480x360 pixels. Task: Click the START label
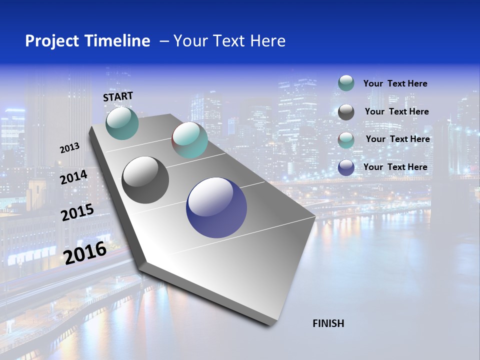(x=118, y=96)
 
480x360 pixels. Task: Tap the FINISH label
(x=328, y=323)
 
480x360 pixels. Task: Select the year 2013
(x=69, y=148)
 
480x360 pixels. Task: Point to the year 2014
(x=73, y=177)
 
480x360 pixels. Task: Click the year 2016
(x=85, y=252)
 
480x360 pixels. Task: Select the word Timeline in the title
(x=119, y=41)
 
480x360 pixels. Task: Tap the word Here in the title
(x=267, y=41)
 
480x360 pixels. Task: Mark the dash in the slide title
(x=164, y=41)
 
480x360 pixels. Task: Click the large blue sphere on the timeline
(x=216, y=207)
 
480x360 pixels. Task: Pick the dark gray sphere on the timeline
(x=145, y=180)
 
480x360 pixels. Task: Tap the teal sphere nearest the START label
(x=122, y=123)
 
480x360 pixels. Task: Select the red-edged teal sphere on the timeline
(x=189, y=140)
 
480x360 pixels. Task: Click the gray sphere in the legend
(x=346, y=112)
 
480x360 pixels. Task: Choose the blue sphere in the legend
(x=346, y=167)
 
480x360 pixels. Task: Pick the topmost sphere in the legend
(x=346, y=83)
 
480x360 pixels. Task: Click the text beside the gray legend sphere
(x=396, y=111)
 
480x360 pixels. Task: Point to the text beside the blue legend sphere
(x=395, y=167)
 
